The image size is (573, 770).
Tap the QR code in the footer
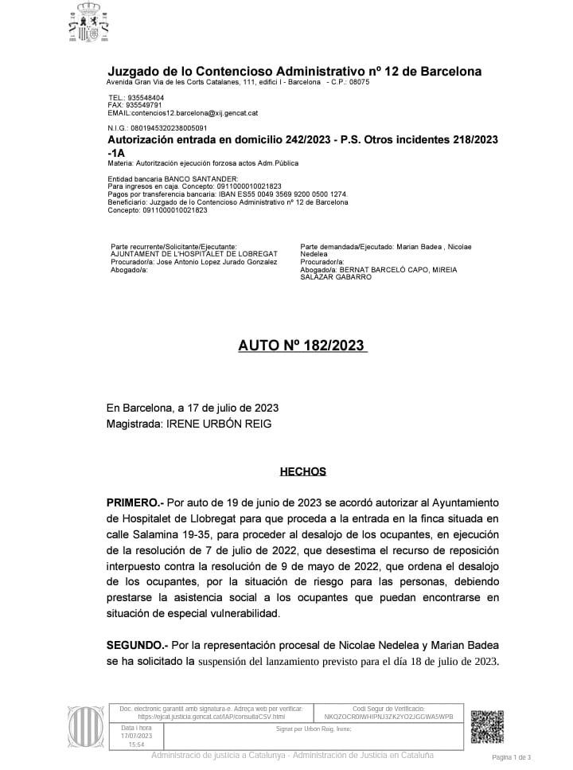tap(486, 725)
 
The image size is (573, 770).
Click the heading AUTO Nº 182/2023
tap(302, 345)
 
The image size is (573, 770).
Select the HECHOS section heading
tap(302, 471)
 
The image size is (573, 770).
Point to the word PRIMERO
tap(133, 503)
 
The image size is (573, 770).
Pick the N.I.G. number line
tap(157, 127)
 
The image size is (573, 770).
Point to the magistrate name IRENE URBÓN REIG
tap(217, 424)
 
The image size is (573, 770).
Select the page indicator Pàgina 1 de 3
tap(512, 757)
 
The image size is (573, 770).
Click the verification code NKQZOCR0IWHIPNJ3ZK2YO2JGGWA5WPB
tap(389, 717)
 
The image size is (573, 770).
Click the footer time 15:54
tap(136, 745)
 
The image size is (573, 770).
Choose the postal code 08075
tap(359, 82)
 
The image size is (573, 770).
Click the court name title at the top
tap(294, 71)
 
